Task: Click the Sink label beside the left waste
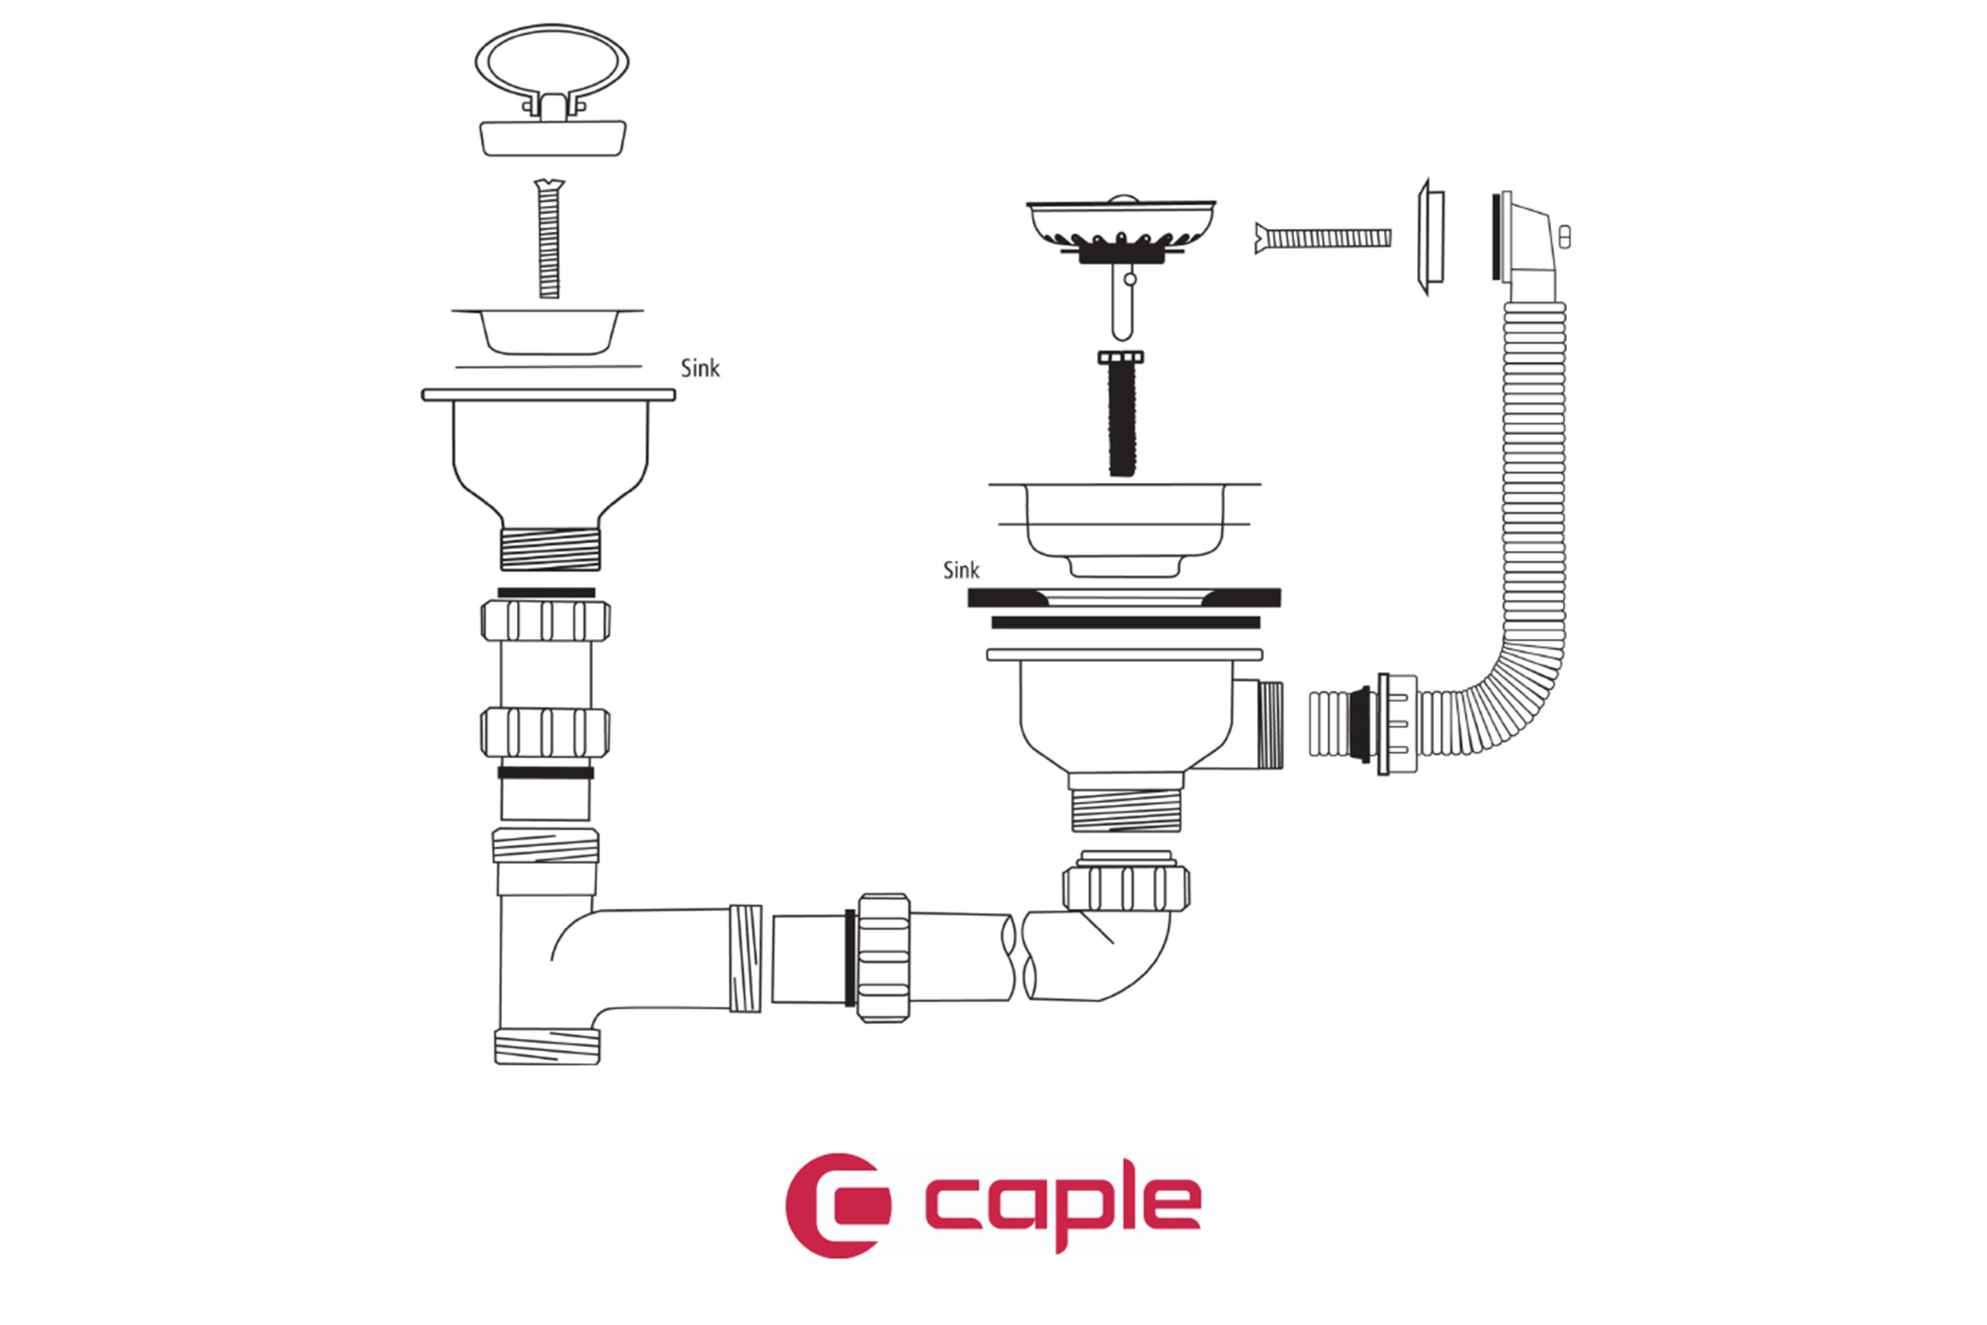click(700, 369)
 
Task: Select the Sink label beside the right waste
click(960, 570)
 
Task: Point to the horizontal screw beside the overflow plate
click(1323, 238)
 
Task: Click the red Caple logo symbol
click(836, 1205)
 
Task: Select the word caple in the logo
click(1063, 1206)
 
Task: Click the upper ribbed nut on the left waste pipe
click(546, 621)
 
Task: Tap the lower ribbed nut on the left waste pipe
click(546, 732)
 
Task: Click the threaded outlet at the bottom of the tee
click(547, 1046)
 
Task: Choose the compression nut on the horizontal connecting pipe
click(883, 958)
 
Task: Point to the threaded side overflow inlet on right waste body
click(1270, 725)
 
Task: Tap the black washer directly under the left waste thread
click(546, 593)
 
